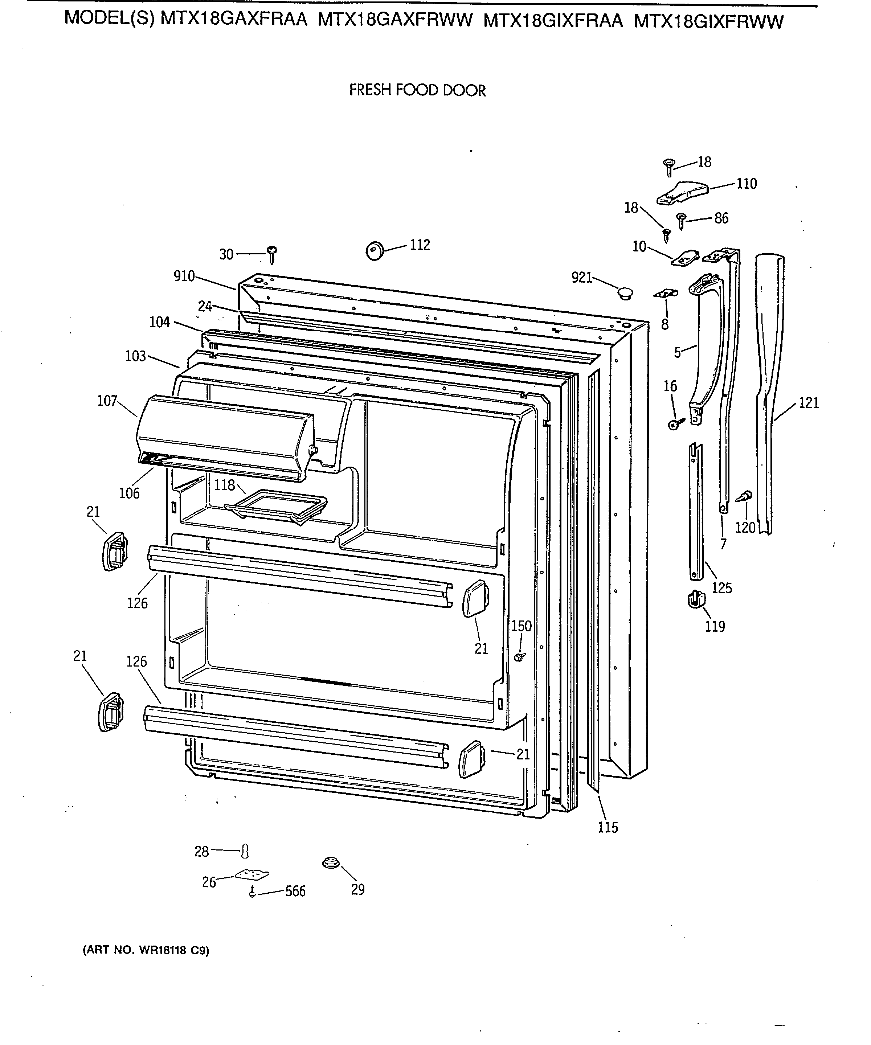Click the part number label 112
420,245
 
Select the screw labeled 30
272,254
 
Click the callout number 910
184,276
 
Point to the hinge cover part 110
682,193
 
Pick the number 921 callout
582,277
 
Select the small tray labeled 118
276,506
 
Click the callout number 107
107,401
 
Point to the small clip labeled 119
696,599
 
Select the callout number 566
295,891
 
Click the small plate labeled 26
252,874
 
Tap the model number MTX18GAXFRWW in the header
395,20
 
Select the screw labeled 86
681,220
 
